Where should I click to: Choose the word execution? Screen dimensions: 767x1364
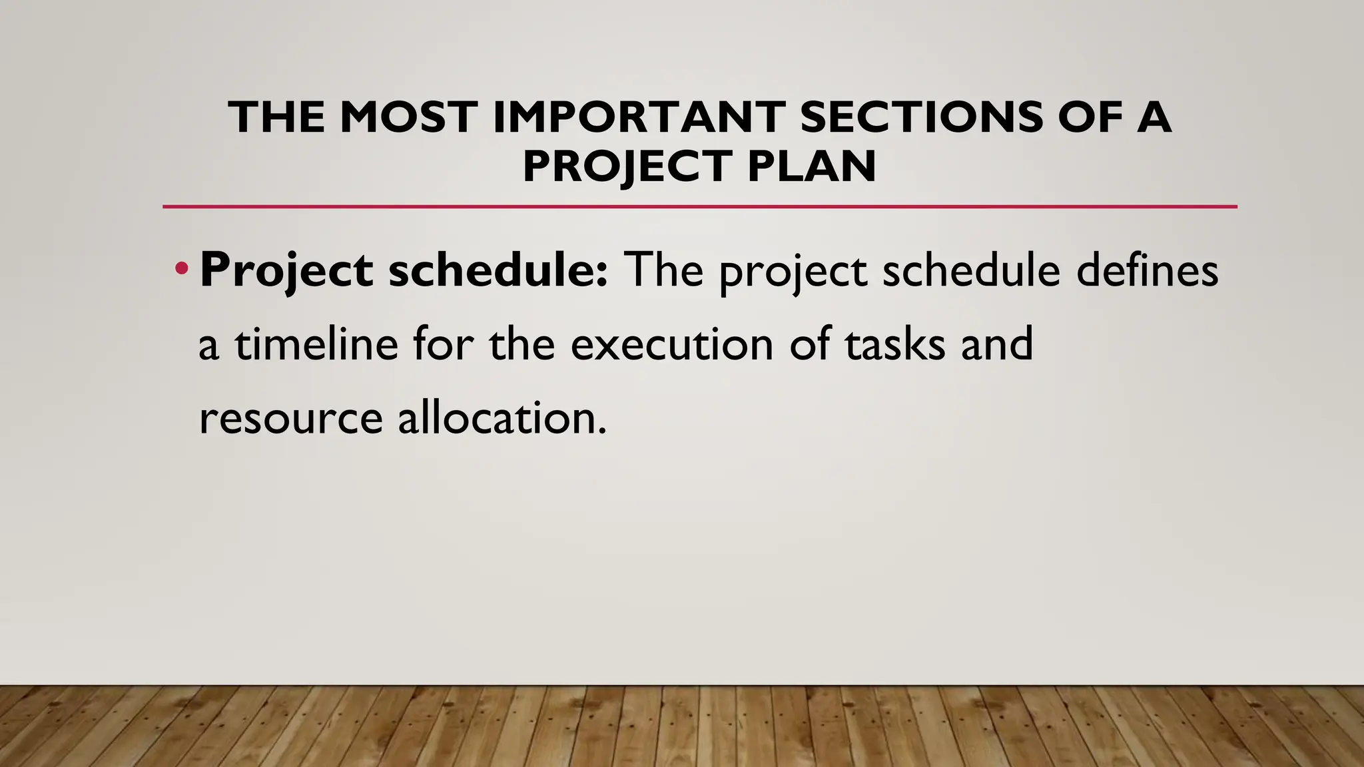[x=672, y=344]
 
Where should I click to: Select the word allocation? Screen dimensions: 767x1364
[x=502, y=418]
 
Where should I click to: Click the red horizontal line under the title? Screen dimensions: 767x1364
[x=699, y=206]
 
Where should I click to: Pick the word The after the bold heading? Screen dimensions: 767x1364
[x=664, y=270]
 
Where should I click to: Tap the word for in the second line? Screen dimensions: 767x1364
[x=442, y=344]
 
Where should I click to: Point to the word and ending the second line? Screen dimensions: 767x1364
[x=996, y=344]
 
